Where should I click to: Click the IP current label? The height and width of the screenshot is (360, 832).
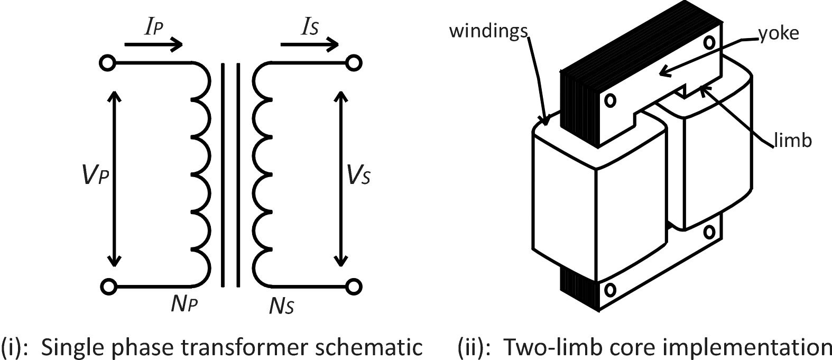coord(154,28)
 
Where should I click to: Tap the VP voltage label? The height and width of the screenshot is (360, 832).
coord(95,176)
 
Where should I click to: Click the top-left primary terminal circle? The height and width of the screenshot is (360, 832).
coord(107,63)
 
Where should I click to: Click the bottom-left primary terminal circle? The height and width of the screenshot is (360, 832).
coord(108,287)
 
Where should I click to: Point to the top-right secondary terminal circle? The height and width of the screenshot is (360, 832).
coord(354,63)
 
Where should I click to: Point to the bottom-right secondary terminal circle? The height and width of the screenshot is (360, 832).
coord(354,287)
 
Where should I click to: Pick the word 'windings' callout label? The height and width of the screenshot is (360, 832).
coord(488,31)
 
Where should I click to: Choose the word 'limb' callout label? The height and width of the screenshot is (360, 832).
coord(792,141)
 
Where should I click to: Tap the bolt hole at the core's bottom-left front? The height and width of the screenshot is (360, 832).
coord(610,290)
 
